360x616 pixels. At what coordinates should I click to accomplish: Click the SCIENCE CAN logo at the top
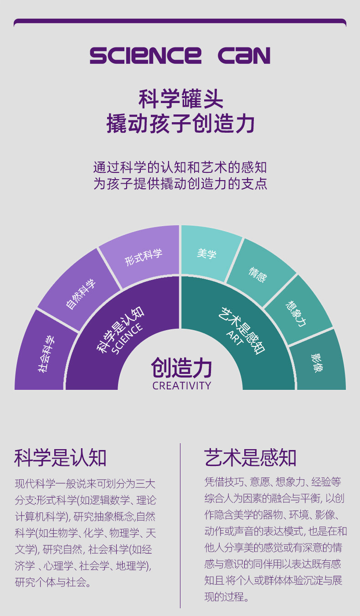click(180, 55)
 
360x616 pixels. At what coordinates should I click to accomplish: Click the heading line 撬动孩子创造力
click(180, 124)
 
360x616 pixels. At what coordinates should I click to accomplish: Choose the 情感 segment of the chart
click(258, 274)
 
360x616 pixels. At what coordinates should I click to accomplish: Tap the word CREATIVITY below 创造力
click(182, 386)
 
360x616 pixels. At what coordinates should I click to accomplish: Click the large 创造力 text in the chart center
click(182, 368)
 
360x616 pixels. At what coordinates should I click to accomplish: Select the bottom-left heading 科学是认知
click(61, 457)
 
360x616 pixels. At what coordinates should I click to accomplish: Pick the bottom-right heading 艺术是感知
click(250, 457)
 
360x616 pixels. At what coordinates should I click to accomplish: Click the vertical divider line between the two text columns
click(180, 524)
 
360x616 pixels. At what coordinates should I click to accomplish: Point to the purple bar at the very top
click(180, 21)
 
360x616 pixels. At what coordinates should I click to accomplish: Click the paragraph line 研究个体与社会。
click(53, 582)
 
